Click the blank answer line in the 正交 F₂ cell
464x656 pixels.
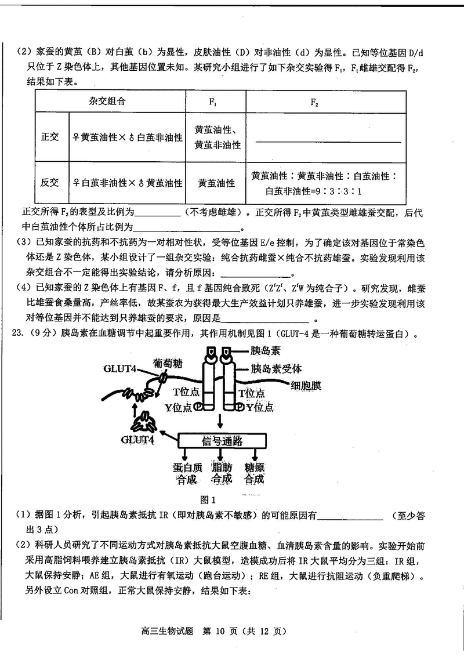tap(327, 142)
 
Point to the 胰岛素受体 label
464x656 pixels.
tap(275, 368)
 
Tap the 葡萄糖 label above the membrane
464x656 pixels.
tap(168, 364)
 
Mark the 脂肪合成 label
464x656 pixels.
tap(222, 473)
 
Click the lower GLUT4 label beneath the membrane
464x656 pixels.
tap(137, 440)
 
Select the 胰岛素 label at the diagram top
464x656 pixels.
tap(264, 351)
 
